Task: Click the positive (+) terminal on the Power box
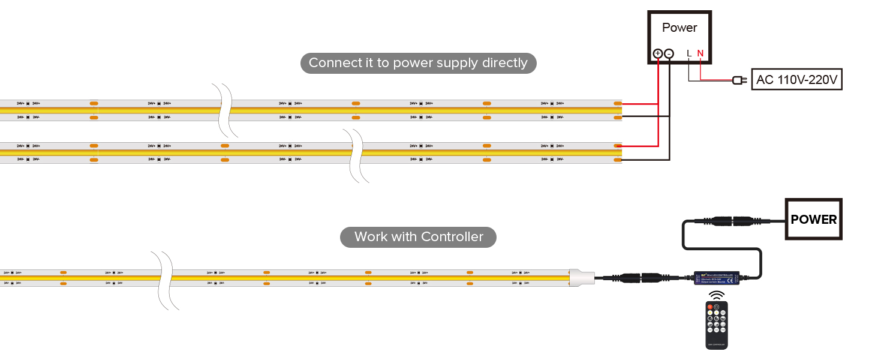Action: pyautogui.click(x=658, y=53)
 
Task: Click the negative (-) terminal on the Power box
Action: pyautogui.click(x=669, y=53)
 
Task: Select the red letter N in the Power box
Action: pyautogui.click(x=700, y=53)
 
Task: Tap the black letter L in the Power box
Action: pyautogui.click(x=689, y=53)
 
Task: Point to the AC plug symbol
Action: pyautogui.click(x=739, y=80)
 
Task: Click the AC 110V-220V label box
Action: pyautogui.click(x=796, y=79)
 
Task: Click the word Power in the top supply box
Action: pyautogui.click(x=679, y=28)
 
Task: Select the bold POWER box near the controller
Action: pyautogui.click(x=813, y=219)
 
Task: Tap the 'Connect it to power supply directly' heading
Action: pyautogui.click(x=418, y=63)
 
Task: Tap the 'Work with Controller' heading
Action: pyautogui.click(x=418, y=236)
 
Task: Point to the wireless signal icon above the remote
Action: pyautogui.click(x=716, y=295)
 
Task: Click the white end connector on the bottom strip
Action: pyautogui.click(x=581, y=278)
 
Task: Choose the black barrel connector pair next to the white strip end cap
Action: pyautogui.click(x=642, y=278)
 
